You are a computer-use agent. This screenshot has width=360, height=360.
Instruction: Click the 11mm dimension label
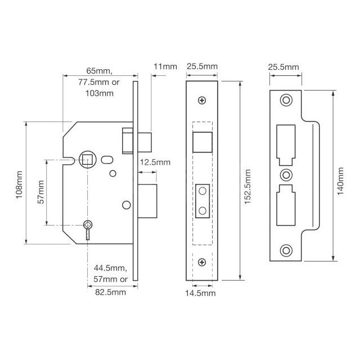click(165, 67)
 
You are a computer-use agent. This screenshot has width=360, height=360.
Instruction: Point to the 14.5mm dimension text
click(201, 293)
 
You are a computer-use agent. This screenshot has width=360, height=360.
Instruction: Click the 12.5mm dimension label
click(155, 162)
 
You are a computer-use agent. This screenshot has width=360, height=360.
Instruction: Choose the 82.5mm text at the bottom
click(110, 292)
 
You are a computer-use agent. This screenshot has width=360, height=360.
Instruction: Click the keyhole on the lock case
click(88, 226)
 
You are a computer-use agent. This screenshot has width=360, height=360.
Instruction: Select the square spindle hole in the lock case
click(87, 159)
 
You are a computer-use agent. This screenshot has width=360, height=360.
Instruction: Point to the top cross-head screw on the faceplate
click(202, 101)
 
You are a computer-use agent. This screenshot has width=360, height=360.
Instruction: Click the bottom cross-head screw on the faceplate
click(202, 260)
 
